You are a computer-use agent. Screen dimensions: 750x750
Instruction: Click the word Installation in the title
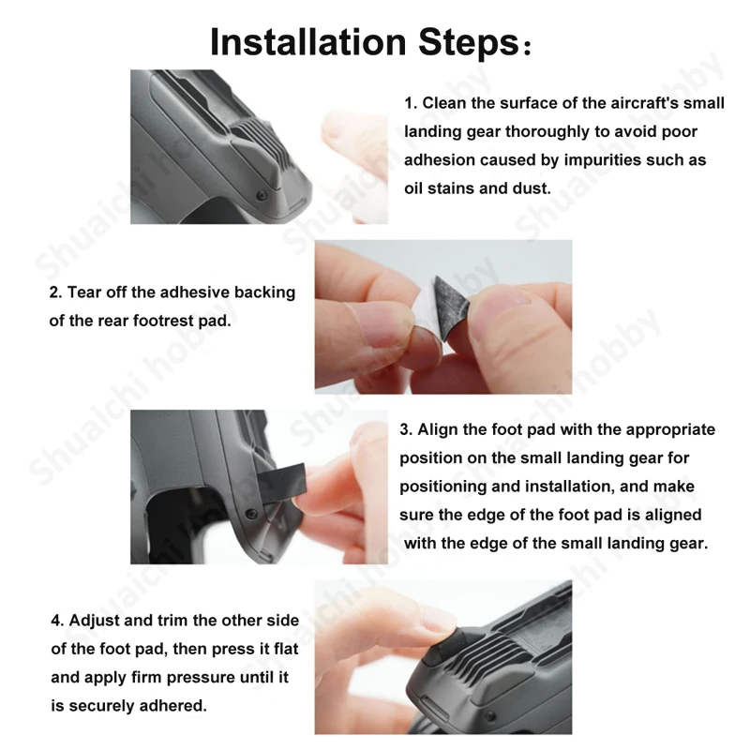pos(308,42)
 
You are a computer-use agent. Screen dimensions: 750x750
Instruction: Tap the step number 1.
pos(411,103)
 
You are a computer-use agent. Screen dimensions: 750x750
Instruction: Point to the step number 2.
pos(55,292)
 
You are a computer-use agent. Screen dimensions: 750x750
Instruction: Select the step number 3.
pos(406,429)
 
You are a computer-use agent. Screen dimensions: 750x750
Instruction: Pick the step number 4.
pos(57,621)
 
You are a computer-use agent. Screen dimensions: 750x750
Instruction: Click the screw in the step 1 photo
pos(262,196)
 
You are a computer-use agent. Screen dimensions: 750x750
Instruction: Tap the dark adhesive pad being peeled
pos(451,305)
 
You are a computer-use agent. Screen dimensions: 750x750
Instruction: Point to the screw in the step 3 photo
pos(250,514)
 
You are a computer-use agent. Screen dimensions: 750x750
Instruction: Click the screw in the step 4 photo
pos(489,716)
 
